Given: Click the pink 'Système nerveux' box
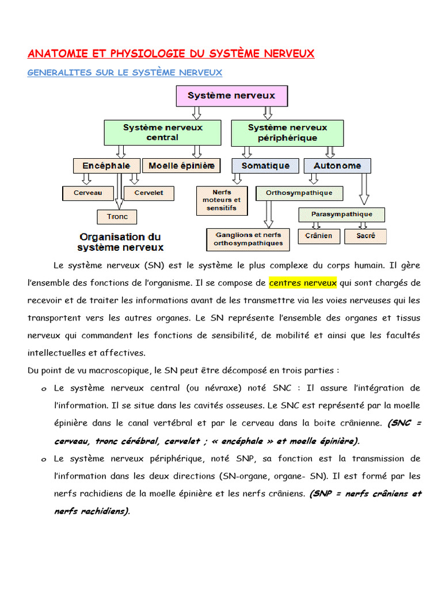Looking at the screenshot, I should pos(232,96).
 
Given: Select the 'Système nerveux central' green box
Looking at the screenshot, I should pos(162,132).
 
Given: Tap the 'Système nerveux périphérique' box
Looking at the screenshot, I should pos(287,132).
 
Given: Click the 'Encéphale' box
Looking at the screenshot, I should pos(106,166).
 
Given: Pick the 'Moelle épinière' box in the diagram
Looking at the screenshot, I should pos(181,166).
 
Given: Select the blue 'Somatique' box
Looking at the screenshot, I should pos(265,166).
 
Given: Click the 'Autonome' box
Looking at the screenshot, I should pos(337,166).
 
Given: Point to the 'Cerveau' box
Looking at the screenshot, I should pos(87,193).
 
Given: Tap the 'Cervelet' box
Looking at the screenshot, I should pos(148,193).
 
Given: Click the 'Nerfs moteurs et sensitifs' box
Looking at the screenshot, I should pos(222,200).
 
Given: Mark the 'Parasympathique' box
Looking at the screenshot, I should pos(342,215).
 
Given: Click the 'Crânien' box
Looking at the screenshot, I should pos(319,236).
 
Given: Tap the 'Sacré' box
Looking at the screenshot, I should pos(365,236).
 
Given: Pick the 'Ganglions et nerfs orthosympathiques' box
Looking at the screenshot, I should pos(248,239).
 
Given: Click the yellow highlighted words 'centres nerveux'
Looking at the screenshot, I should pos(303,283).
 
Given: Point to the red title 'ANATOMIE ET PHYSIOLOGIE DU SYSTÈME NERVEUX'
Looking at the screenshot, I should pos(171,53).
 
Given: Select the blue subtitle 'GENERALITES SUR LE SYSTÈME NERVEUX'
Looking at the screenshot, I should pos(125,72).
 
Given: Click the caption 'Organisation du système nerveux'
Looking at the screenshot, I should pos(120,242).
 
